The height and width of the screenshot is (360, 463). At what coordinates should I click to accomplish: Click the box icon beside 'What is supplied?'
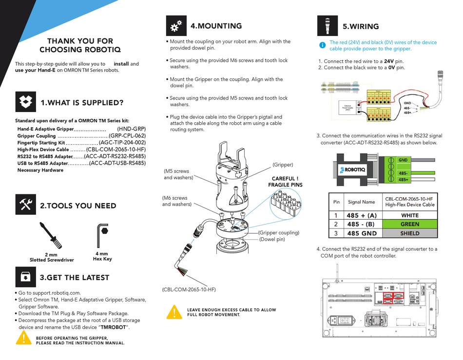(26, 102)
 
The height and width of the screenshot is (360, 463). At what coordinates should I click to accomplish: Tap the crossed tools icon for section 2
(26, 205)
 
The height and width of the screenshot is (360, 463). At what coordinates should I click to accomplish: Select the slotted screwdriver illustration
(51, 236)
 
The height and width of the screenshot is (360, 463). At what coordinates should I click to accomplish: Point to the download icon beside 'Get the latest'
(26, 277)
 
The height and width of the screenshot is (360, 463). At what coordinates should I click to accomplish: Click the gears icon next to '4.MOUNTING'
(176, 26)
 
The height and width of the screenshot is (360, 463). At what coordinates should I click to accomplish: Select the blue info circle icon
(322, 45)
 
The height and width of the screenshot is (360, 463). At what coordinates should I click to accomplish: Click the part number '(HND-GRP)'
(131, 129)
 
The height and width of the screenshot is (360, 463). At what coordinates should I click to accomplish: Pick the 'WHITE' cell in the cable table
(409, 215)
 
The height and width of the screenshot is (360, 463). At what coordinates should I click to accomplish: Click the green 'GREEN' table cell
(409, 224)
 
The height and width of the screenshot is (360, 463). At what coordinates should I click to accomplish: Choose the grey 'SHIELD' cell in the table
(409, 233)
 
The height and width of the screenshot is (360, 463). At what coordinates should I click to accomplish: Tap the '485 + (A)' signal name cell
(362, 215)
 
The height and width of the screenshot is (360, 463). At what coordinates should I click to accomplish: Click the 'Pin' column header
(336, 202)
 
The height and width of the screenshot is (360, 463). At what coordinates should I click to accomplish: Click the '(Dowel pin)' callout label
(272, 239)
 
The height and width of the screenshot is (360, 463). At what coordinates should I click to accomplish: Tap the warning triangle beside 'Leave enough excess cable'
(174, 312)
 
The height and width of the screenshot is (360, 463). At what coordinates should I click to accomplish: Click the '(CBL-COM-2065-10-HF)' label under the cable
(189, 290)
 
